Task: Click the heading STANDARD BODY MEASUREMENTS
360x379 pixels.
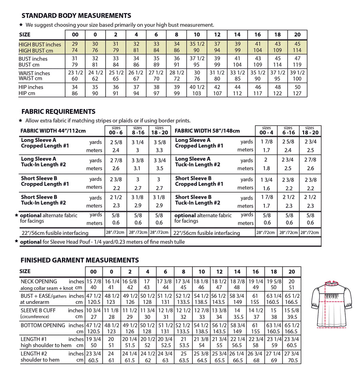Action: [76, 16]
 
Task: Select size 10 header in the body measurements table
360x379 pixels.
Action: [197, 35]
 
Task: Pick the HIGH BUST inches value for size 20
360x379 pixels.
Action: [297, 44]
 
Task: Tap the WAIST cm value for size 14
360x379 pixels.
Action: [237, 78]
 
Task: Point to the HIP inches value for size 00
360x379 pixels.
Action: [75, 87]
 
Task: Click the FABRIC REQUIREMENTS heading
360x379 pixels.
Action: [58, 112]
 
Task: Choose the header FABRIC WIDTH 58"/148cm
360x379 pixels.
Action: [207, 131]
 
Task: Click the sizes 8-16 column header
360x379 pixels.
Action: [138, 130]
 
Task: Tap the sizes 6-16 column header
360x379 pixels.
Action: [288, 130]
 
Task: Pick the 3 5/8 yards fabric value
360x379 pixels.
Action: [159, 142]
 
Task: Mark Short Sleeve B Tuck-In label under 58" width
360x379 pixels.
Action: [197, 200]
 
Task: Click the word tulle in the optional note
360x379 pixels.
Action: [178, 241]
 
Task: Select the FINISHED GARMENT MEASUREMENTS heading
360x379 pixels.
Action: [80, 260]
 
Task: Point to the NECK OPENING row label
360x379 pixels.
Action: [39, 281]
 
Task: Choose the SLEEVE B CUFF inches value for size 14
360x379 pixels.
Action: [237, 310]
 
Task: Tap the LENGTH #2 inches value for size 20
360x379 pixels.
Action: [292, 353]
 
